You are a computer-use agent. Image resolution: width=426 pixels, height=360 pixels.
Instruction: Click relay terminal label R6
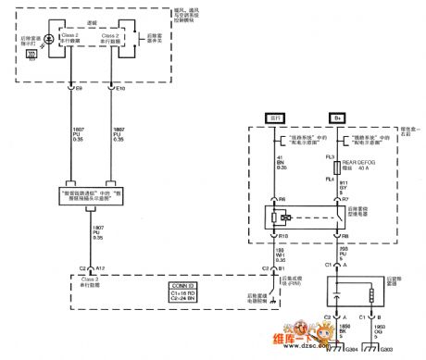point(282,198)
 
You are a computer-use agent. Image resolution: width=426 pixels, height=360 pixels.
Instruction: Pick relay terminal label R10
point(282,237)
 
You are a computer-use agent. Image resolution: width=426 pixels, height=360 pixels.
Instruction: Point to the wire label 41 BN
point(281,165)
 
